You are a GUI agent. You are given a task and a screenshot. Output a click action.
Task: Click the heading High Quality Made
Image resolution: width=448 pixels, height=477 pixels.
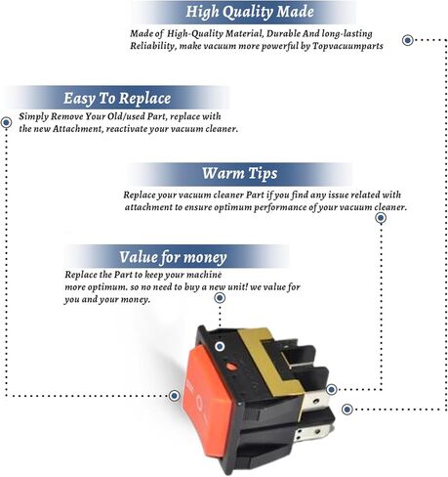[x=250, y=12]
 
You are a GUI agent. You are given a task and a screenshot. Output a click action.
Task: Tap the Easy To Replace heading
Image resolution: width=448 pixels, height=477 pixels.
[x=117, y=98]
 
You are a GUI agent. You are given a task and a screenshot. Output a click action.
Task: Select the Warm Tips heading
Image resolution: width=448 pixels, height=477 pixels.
[x=240, y=173]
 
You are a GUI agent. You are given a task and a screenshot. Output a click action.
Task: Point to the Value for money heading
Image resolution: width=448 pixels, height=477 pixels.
[x=173, y=257]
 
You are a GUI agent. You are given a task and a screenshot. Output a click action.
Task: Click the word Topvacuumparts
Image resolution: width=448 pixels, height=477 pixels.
[x=348, y=46]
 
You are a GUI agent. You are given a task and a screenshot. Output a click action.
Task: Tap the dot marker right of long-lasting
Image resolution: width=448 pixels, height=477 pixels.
[x=408, y=40]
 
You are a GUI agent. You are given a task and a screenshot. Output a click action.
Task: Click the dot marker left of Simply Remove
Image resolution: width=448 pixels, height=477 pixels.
[x=6, y=122]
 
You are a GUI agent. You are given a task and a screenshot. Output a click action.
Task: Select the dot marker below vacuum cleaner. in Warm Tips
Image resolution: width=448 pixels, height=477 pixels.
[x=381, y=218]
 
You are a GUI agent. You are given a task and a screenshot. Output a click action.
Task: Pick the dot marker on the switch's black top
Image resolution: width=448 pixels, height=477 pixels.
[x=220, y=346]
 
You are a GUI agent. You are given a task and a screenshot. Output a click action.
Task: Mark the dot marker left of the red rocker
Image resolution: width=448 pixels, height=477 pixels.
[x=175, y=396]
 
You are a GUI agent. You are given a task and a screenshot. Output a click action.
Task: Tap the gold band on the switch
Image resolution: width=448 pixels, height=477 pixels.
[x=271, y=362]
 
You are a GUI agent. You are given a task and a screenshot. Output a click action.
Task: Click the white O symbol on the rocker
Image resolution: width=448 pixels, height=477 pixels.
[x=199, y=401]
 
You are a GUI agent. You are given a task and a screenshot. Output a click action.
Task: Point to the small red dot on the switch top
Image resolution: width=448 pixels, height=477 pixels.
[x=232, y=368]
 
